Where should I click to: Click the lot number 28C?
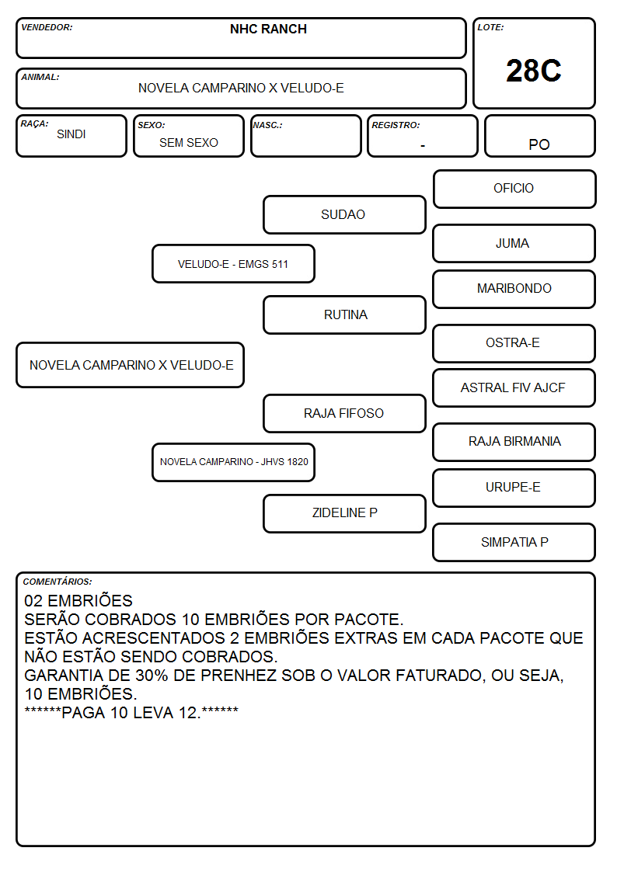(534, 71)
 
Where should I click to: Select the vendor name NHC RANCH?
(268, 29)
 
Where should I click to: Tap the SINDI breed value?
(71, 134)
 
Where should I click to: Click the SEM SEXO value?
(189, 142)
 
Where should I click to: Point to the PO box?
(539, 136)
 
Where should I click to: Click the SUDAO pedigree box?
(344, 214)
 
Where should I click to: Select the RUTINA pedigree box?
(344, 314)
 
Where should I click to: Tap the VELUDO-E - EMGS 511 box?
(233, 263)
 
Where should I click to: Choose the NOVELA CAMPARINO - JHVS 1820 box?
(233, 462)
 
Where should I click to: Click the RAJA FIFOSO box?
(344, 413)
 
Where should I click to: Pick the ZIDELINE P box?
(344, 513)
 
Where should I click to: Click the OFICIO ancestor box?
(514, 189)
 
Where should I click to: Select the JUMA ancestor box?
(514, 243)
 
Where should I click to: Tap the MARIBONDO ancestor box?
(514, 289)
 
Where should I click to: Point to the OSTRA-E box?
(514, 343)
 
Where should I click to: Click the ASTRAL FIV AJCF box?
(514, 387)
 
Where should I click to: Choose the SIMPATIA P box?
(514, 542)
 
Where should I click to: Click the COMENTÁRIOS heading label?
(58, 582)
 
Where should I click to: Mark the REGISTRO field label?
(396, 125)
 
